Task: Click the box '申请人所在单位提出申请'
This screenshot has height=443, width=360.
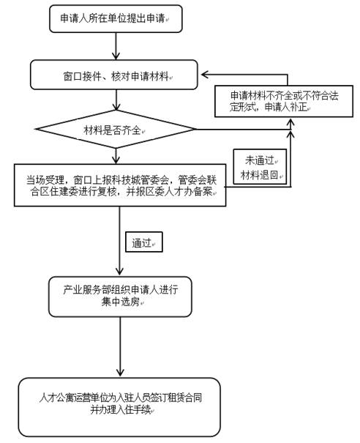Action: [116, 18]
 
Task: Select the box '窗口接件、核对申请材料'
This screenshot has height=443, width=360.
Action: [114, 75]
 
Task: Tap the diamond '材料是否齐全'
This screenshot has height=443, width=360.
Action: [116, 130]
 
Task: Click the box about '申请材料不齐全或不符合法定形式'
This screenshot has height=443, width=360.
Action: [284, 101]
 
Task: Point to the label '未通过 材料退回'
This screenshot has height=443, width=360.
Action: [260, 167]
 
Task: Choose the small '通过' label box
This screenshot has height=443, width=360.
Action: [144, 242]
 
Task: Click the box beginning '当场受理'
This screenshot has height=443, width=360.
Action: [120, 185]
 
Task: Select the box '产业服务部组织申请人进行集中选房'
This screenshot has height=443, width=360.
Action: [120, 297]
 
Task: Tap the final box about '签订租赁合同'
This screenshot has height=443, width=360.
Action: [119, 407]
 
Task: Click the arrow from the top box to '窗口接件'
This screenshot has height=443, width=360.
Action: [116, 46]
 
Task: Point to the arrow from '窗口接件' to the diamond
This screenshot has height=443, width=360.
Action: [116, 100]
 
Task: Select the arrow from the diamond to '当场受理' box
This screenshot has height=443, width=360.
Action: [116, 156]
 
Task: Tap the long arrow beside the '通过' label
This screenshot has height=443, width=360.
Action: [119, 241]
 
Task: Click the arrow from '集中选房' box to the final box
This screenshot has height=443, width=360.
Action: [120, 346]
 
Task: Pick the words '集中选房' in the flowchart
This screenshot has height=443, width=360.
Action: [121, 302]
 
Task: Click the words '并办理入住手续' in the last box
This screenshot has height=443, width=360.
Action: [121, 409]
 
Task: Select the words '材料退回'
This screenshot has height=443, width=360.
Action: [260, 175]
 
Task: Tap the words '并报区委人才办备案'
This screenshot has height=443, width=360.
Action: [170, 192]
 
